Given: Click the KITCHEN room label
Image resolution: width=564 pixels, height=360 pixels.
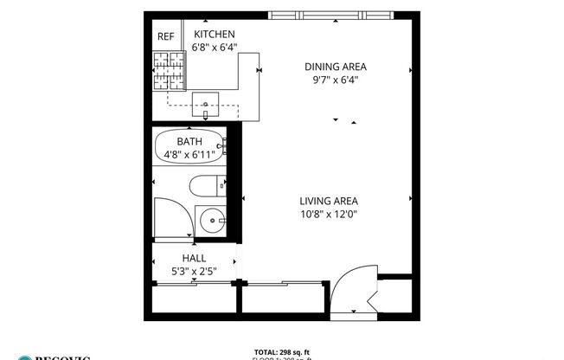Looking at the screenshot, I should [215, 34].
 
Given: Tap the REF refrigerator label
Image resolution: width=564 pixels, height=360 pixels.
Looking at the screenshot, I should [165, 36].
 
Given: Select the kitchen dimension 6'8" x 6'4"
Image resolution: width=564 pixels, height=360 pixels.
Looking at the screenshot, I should [215, 48].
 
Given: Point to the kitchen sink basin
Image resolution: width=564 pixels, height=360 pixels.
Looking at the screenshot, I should [206, 104].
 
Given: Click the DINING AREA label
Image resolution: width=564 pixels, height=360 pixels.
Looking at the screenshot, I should [336, 66].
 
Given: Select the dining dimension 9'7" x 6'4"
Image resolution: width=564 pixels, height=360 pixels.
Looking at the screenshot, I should [336, 80].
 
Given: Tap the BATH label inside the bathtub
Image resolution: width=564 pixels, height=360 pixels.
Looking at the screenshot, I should [189, 141].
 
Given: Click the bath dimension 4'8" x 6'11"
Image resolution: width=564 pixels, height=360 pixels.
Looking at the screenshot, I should [189, 155].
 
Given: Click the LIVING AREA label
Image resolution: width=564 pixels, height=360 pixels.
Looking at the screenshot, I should [329, 200].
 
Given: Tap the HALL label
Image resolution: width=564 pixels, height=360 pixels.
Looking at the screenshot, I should [193, 258].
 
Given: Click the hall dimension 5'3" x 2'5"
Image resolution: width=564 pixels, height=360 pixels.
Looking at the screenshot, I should [193, 272].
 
